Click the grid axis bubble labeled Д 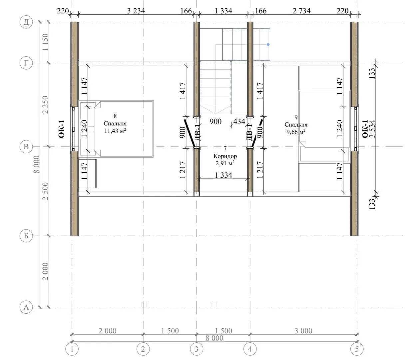point(26,22)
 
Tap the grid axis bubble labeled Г point(26,63)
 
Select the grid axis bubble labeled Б point(26,236)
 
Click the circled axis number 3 point(197,349)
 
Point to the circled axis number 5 point(357,349)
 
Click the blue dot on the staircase point(268,44)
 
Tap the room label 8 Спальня point(115,120)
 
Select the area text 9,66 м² point(296,132)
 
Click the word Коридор point(225,156)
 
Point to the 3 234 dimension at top point(136,11)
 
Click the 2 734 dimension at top point(302,11)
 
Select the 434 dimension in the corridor point(239,121)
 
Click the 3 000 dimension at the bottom point(303,331)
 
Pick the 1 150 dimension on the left point(46,42)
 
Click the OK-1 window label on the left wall point(62,129)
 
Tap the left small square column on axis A point(145,304)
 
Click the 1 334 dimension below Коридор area point(223,175)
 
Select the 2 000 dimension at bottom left point(108,331)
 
